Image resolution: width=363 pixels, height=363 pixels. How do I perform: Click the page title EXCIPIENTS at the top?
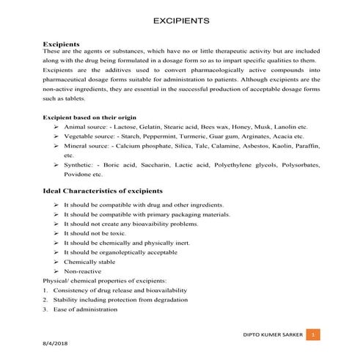180,21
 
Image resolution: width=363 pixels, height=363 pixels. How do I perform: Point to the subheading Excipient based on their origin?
89,117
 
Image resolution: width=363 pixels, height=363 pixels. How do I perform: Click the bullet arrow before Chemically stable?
56,261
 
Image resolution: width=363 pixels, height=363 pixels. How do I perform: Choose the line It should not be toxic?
95,232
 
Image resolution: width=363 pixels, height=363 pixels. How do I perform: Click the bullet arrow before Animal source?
56,127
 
